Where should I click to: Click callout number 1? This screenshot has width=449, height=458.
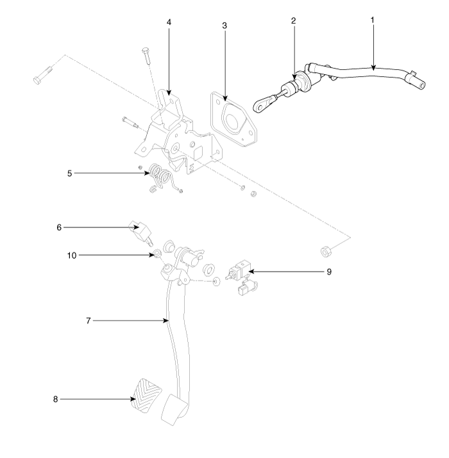point(373,20)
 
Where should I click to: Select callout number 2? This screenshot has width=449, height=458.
point(293,20)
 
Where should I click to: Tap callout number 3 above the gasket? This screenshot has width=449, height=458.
point(224,26)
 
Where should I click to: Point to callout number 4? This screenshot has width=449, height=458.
point(169,22)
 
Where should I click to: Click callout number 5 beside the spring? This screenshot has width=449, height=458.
point(69,173)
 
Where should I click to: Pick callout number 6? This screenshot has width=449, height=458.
point(59,227)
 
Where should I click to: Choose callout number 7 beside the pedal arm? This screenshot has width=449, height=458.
point(89,321)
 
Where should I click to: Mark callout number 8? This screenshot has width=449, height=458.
point(55,399)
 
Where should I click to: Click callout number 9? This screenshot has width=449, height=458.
point(329,272)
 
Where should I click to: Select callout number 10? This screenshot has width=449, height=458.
point(72,256)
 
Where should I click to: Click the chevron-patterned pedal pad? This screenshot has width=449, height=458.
point(146,396)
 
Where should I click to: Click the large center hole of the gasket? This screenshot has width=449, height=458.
point(233,120)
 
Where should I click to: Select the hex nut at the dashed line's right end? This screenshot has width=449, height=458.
point(326,252)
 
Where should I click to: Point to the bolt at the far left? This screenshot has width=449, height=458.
point(43,76)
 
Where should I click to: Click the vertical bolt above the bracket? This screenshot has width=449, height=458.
point(146,56)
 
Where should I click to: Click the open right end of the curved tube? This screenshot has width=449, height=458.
point(422,85)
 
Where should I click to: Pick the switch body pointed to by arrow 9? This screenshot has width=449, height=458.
point(237,271)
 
